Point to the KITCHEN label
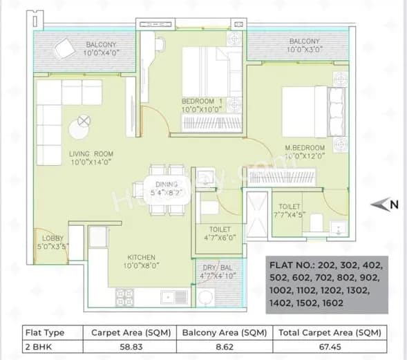(141, 256)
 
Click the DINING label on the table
(167, 184)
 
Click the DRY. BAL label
(216, 267)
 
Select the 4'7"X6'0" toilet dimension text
(216, 238)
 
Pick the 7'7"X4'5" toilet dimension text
(290, 214)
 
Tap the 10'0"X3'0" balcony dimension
(304, 50)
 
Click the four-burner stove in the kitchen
(124, 297)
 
